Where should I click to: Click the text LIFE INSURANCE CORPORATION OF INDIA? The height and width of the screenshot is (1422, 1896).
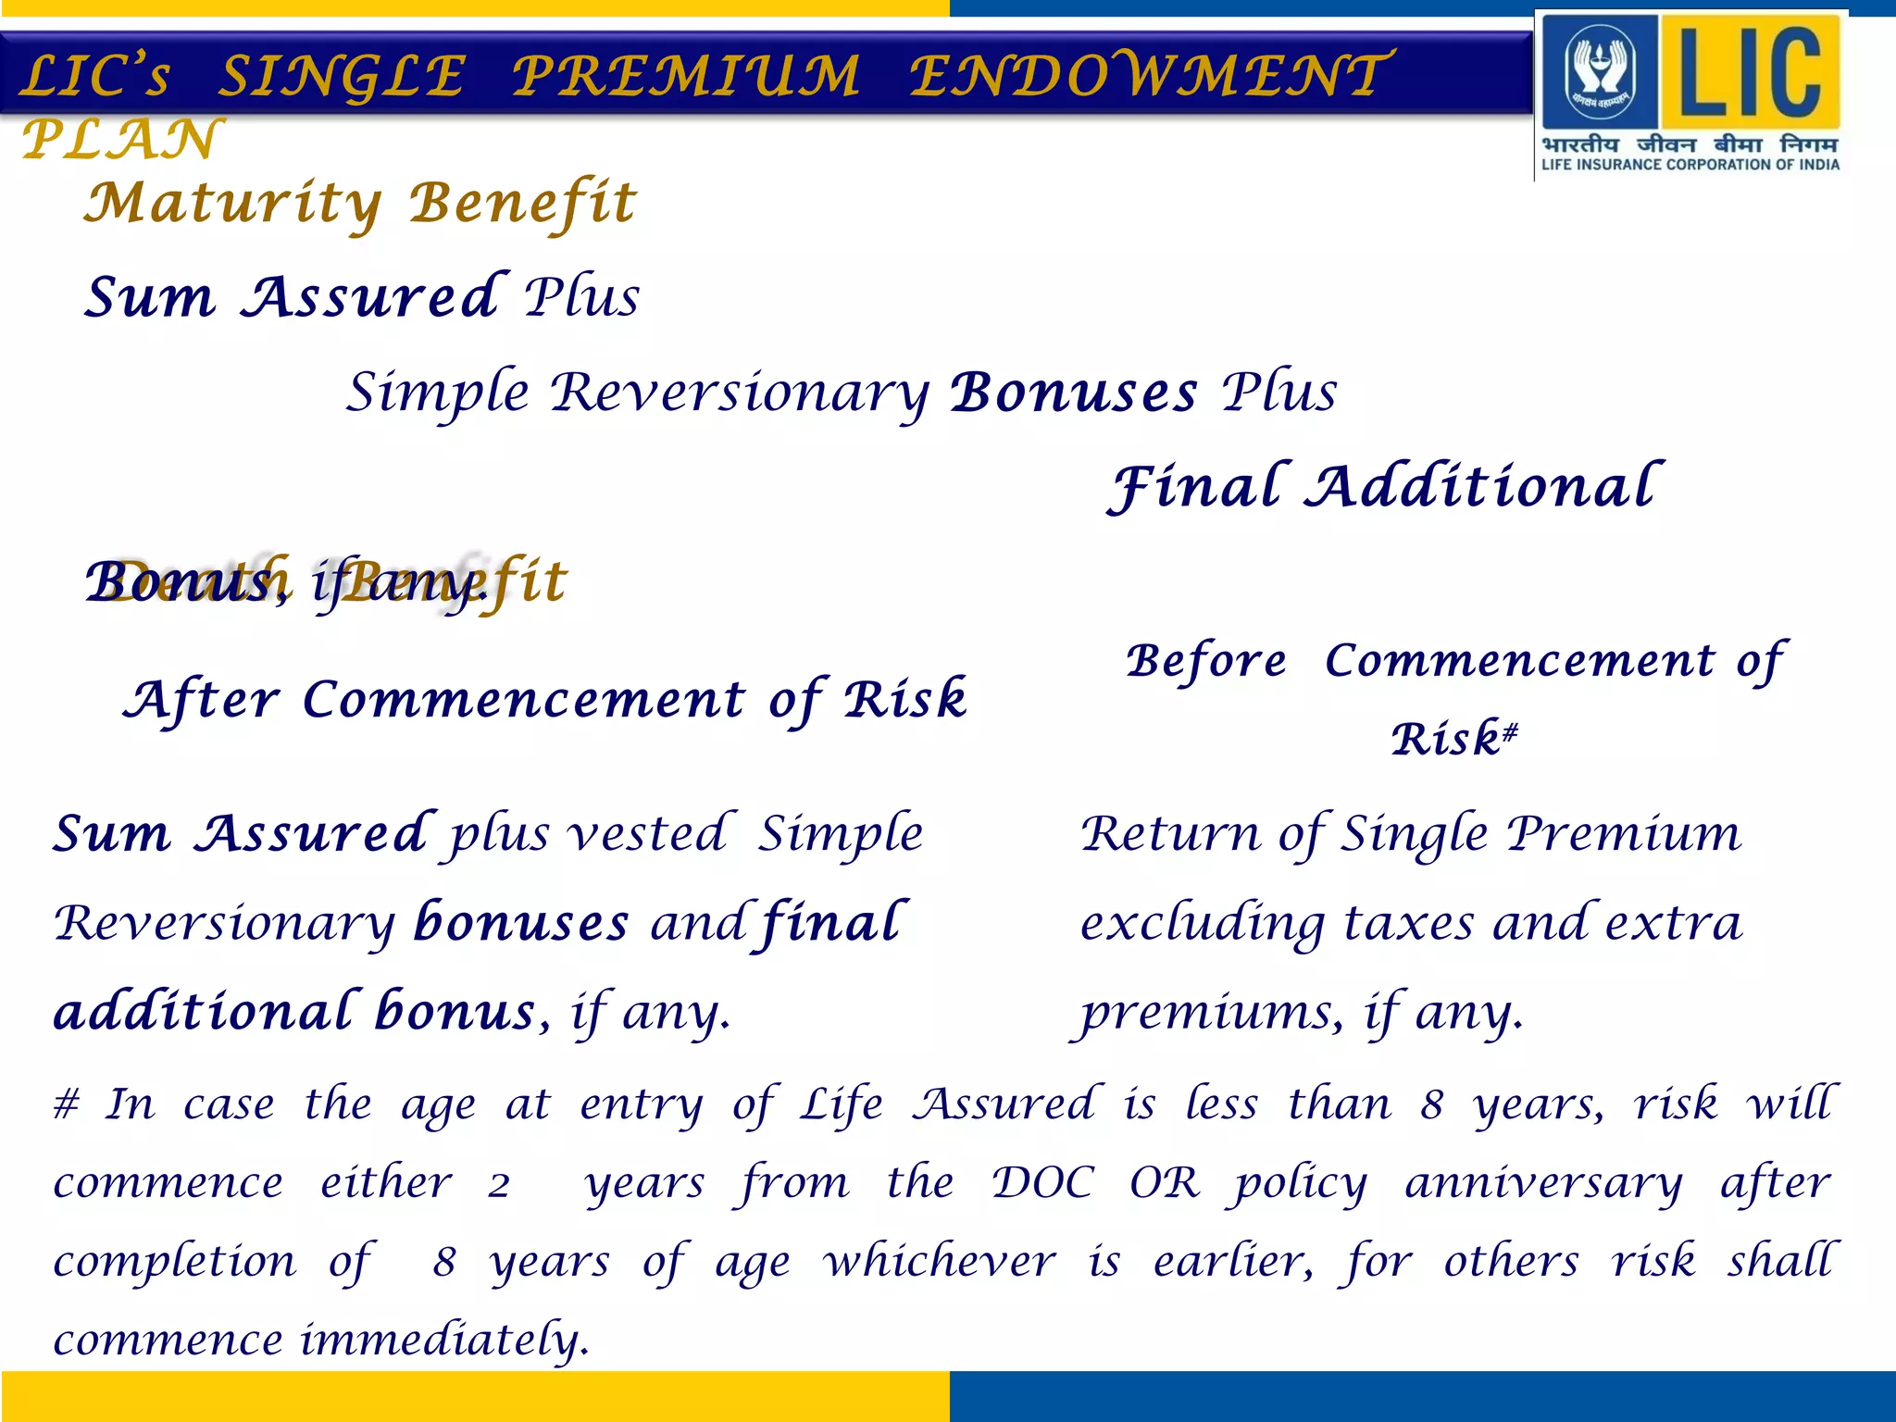click(1690, 165)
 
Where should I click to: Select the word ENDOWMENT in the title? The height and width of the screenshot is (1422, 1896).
click(1148, 76)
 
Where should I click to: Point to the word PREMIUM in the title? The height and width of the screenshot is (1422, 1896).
click(686, 76)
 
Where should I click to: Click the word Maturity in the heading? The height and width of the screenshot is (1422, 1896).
click(232, 203)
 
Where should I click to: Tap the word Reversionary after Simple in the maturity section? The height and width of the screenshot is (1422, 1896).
click(740, 393)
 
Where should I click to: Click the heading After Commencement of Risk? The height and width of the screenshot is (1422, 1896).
click(546, 700)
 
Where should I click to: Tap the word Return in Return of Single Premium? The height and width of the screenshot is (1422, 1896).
click(1170, 833)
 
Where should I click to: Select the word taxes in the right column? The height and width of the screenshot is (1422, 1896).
click(1408, 923)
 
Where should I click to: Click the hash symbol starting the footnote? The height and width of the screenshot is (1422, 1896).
click(67, 1104)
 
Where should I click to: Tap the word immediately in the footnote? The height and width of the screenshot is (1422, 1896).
click(445, 1340)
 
